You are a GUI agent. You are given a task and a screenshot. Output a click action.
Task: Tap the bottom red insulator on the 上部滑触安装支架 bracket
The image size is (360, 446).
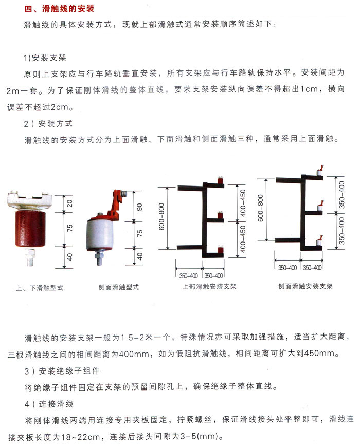(x=221, y=250)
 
